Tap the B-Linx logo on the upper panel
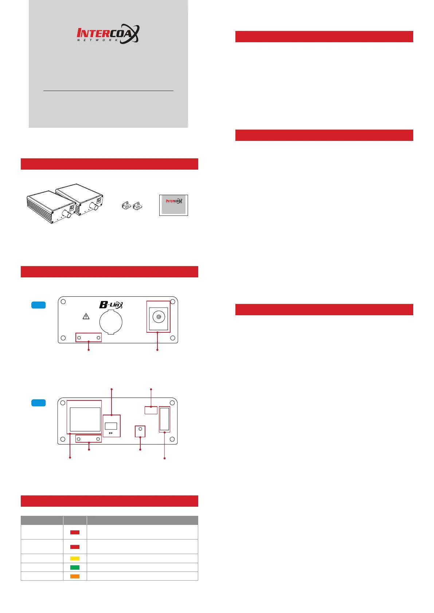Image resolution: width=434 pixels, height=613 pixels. pos(111,305)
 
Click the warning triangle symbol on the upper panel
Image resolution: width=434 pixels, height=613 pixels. pos(86,316)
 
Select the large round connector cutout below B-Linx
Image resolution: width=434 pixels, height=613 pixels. pos(111,322)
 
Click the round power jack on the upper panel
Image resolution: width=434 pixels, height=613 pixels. pos(159,317)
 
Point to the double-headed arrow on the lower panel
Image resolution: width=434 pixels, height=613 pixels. pos(111,433)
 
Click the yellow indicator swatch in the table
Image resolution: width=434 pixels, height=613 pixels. pos(75,558)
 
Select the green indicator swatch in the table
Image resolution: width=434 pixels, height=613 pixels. pos(75,567)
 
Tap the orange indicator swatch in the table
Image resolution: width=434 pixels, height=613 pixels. pos(75,576)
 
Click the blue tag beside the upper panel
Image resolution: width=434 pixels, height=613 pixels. pos(39,305)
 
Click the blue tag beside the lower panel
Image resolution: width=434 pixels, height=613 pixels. pos(39,403)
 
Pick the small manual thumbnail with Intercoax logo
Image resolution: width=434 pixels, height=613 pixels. pos(173,205)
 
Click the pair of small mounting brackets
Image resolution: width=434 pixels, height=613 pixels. pos(132,206)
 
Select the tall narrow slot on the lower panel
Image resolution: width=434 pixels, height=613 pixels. pos(164,419)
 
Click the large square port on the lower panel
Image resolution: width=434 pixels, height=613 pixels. pos(85,419)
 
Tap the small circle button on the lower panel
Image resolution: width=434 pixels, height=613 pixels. pos(140,429)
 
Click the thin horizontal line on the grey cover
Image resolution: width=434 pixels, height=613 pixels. pos(108,91)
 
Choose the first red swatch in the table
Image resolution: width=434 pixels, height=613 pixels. pos(75,532)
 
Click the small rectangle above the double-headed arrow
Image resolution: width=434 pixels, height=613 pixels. pos(111,426)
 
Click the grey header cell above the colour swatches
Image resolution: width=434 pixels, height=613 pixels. pos(75,520)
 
